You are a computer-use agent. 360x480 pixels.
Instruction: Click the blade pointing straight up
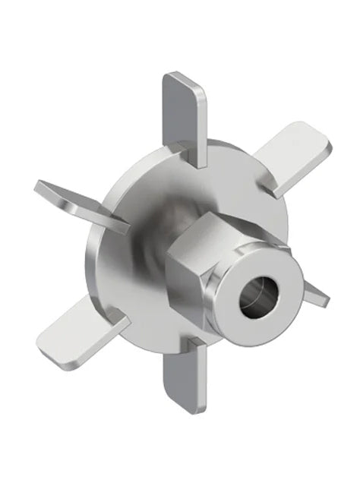point(185,114)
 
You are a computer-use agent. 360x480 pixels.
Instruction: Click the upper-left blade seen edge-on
point(76,202)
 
